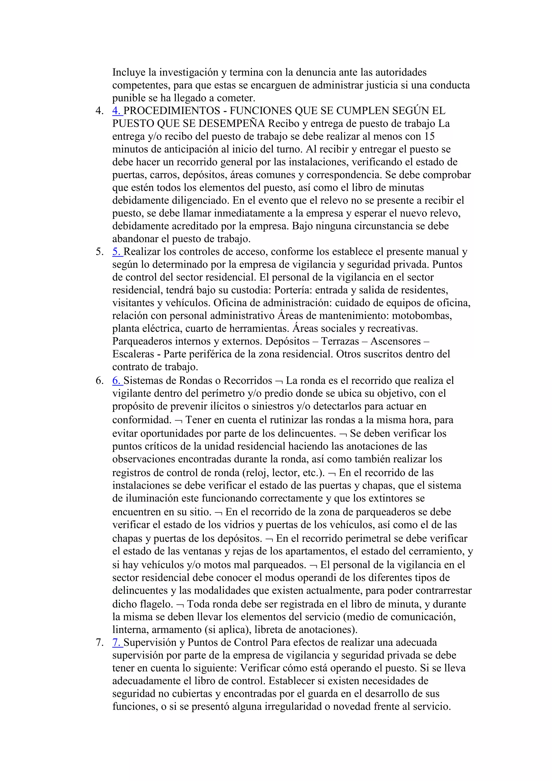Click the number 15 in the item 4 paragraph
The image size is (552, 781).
[x=430, y=136]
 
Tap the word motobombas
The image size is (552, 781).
[x=422, y=316]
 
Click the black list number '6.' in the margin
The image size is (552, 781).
[x=99, y=381]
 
